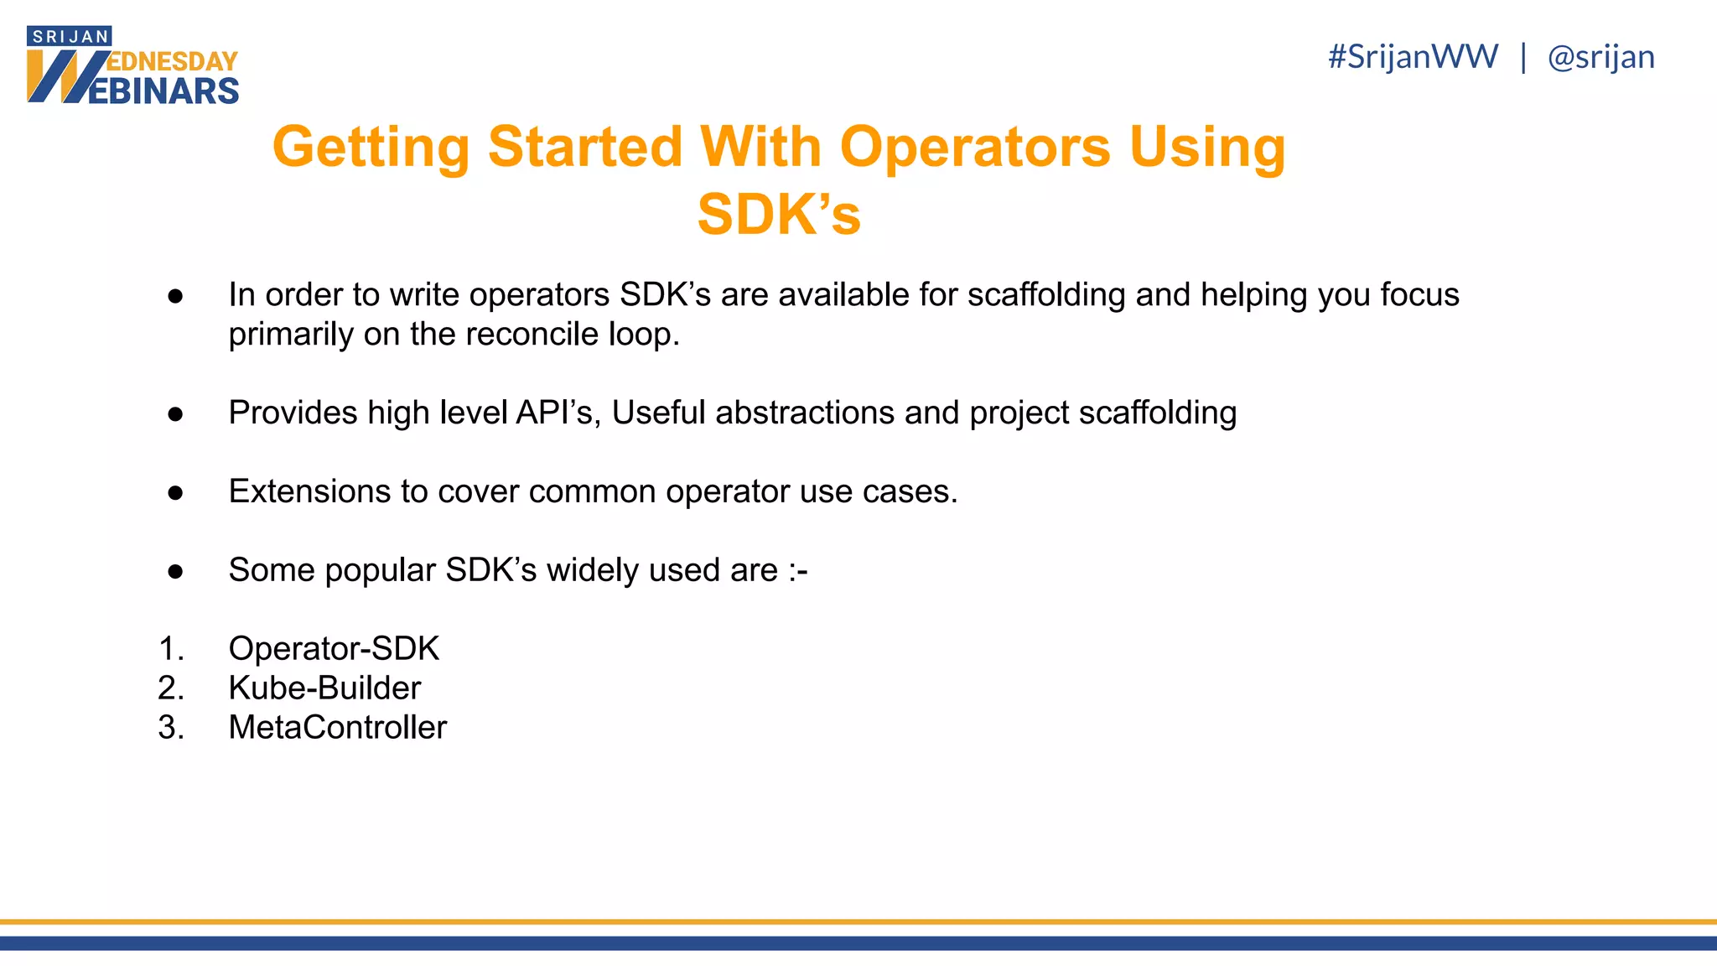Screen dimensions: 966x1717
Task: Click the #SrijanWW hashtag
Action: tap(1413, 57)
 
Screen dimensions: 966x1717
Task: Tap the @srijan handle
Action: tap(1600, 57)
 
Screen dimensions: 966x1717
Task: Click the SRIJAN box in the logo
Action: tap(70, 37)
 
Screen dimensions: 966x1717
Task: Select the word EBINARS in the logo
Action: tap(163, 91)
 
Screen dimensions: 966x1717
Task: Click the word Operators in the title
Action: tap(975, 147)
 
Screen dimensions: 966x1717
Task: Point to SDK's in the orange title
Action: tap(779, 215)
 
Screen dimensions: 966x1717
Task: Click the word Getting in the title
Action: tap(371, 147)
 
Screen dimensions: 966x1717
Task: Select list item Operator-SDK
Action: tap(334, 648)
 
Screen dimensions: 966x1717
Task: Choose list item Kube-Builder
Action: tap(324, 688)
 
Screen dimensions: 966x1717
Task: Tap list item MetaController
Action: tap(338, 727)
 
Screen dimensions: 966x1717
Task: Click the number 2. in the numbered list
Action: tap(171, 688)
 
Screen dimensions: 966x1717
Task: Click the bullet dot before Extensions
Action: tap(175, 492)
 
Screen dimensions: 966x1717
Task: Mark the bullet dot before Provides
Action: tap(175, 413)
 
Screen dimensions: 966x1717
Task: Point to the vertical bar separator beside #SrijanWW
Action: tap(1523, 57)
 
